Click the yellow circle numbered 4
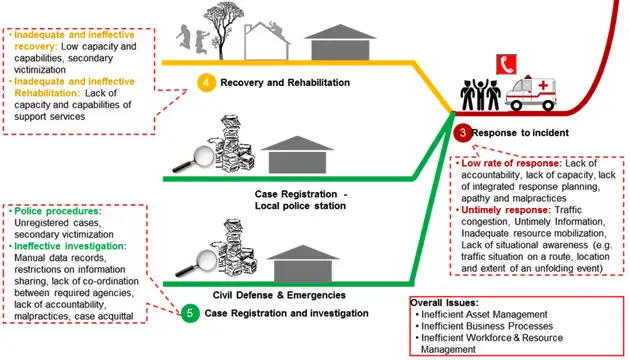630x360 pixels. [x=206, y=83]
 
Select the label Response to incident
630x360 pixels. [x=522, y=133]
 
